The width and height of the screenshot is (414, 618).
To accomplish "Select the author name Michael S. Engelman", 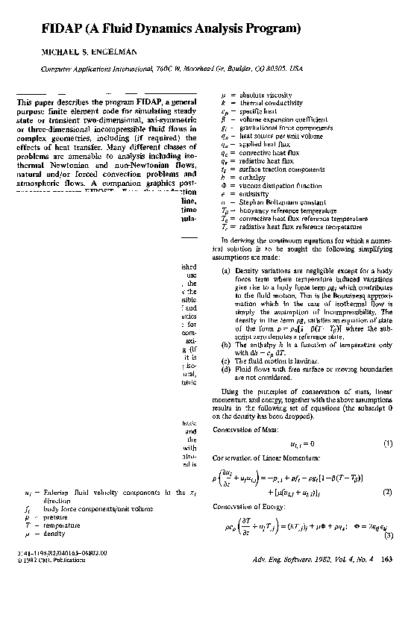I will (x=78, y=54).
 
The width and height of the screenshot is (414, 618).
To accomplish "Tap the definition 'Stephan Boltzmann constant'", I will (x=277, y=201).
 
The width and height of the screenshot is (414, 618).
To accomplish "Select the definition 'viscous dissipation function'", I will (x=278, y=186).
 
